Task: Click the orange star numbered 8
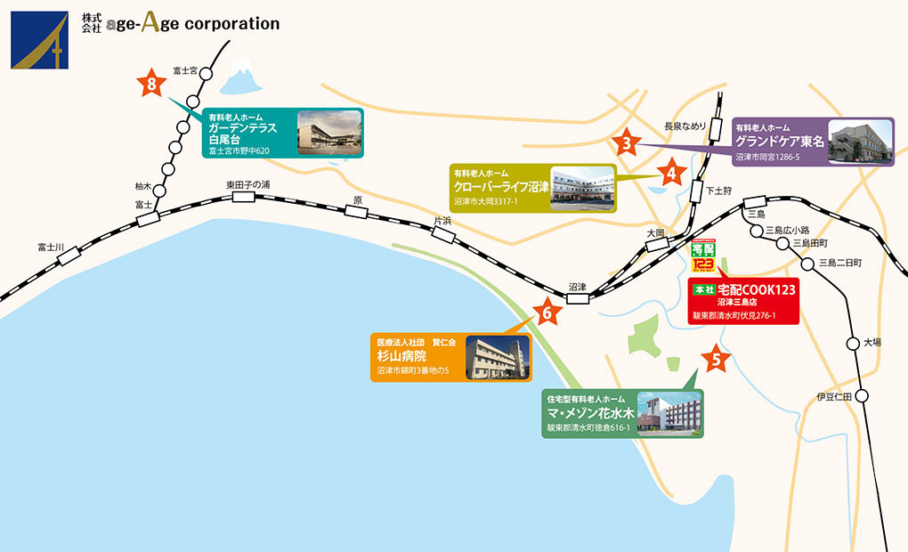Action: [x=152, y=84]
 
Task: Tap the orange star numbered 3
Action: [x=627, y=142]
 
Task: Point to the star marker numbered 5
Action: [x=717, y=360]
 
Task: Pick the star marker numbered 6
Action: [x=547, y=312]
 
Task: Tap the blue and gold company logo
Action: [x=39, y=40]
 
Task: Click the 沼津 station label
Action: [x=578, y=287]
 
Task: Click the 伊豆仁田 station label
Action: [x=834, y=395]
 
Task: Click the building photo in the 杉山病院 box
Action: [x=498, y=357]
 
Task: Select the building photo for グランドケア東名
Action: [x=860, y=142]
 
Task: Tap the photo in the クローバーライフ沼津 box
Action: [x=583, y=189]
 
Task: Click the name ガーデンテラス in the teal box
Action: [x=243, y=127]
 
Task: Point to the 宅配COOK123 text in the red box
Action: [x=757, y=289]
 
